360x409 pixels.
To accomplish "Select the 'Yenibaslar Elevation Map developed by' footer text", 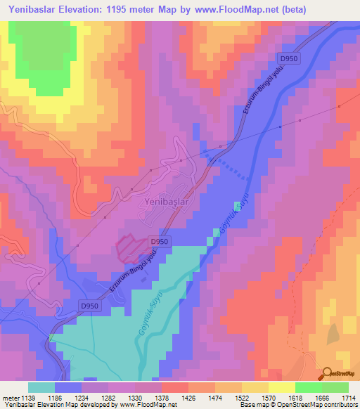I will point(56,405).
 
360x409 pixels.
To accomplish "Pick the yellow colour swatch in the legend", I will point(281,387).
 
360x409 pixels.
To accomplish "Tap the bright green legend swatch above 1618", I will point(308,387).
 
